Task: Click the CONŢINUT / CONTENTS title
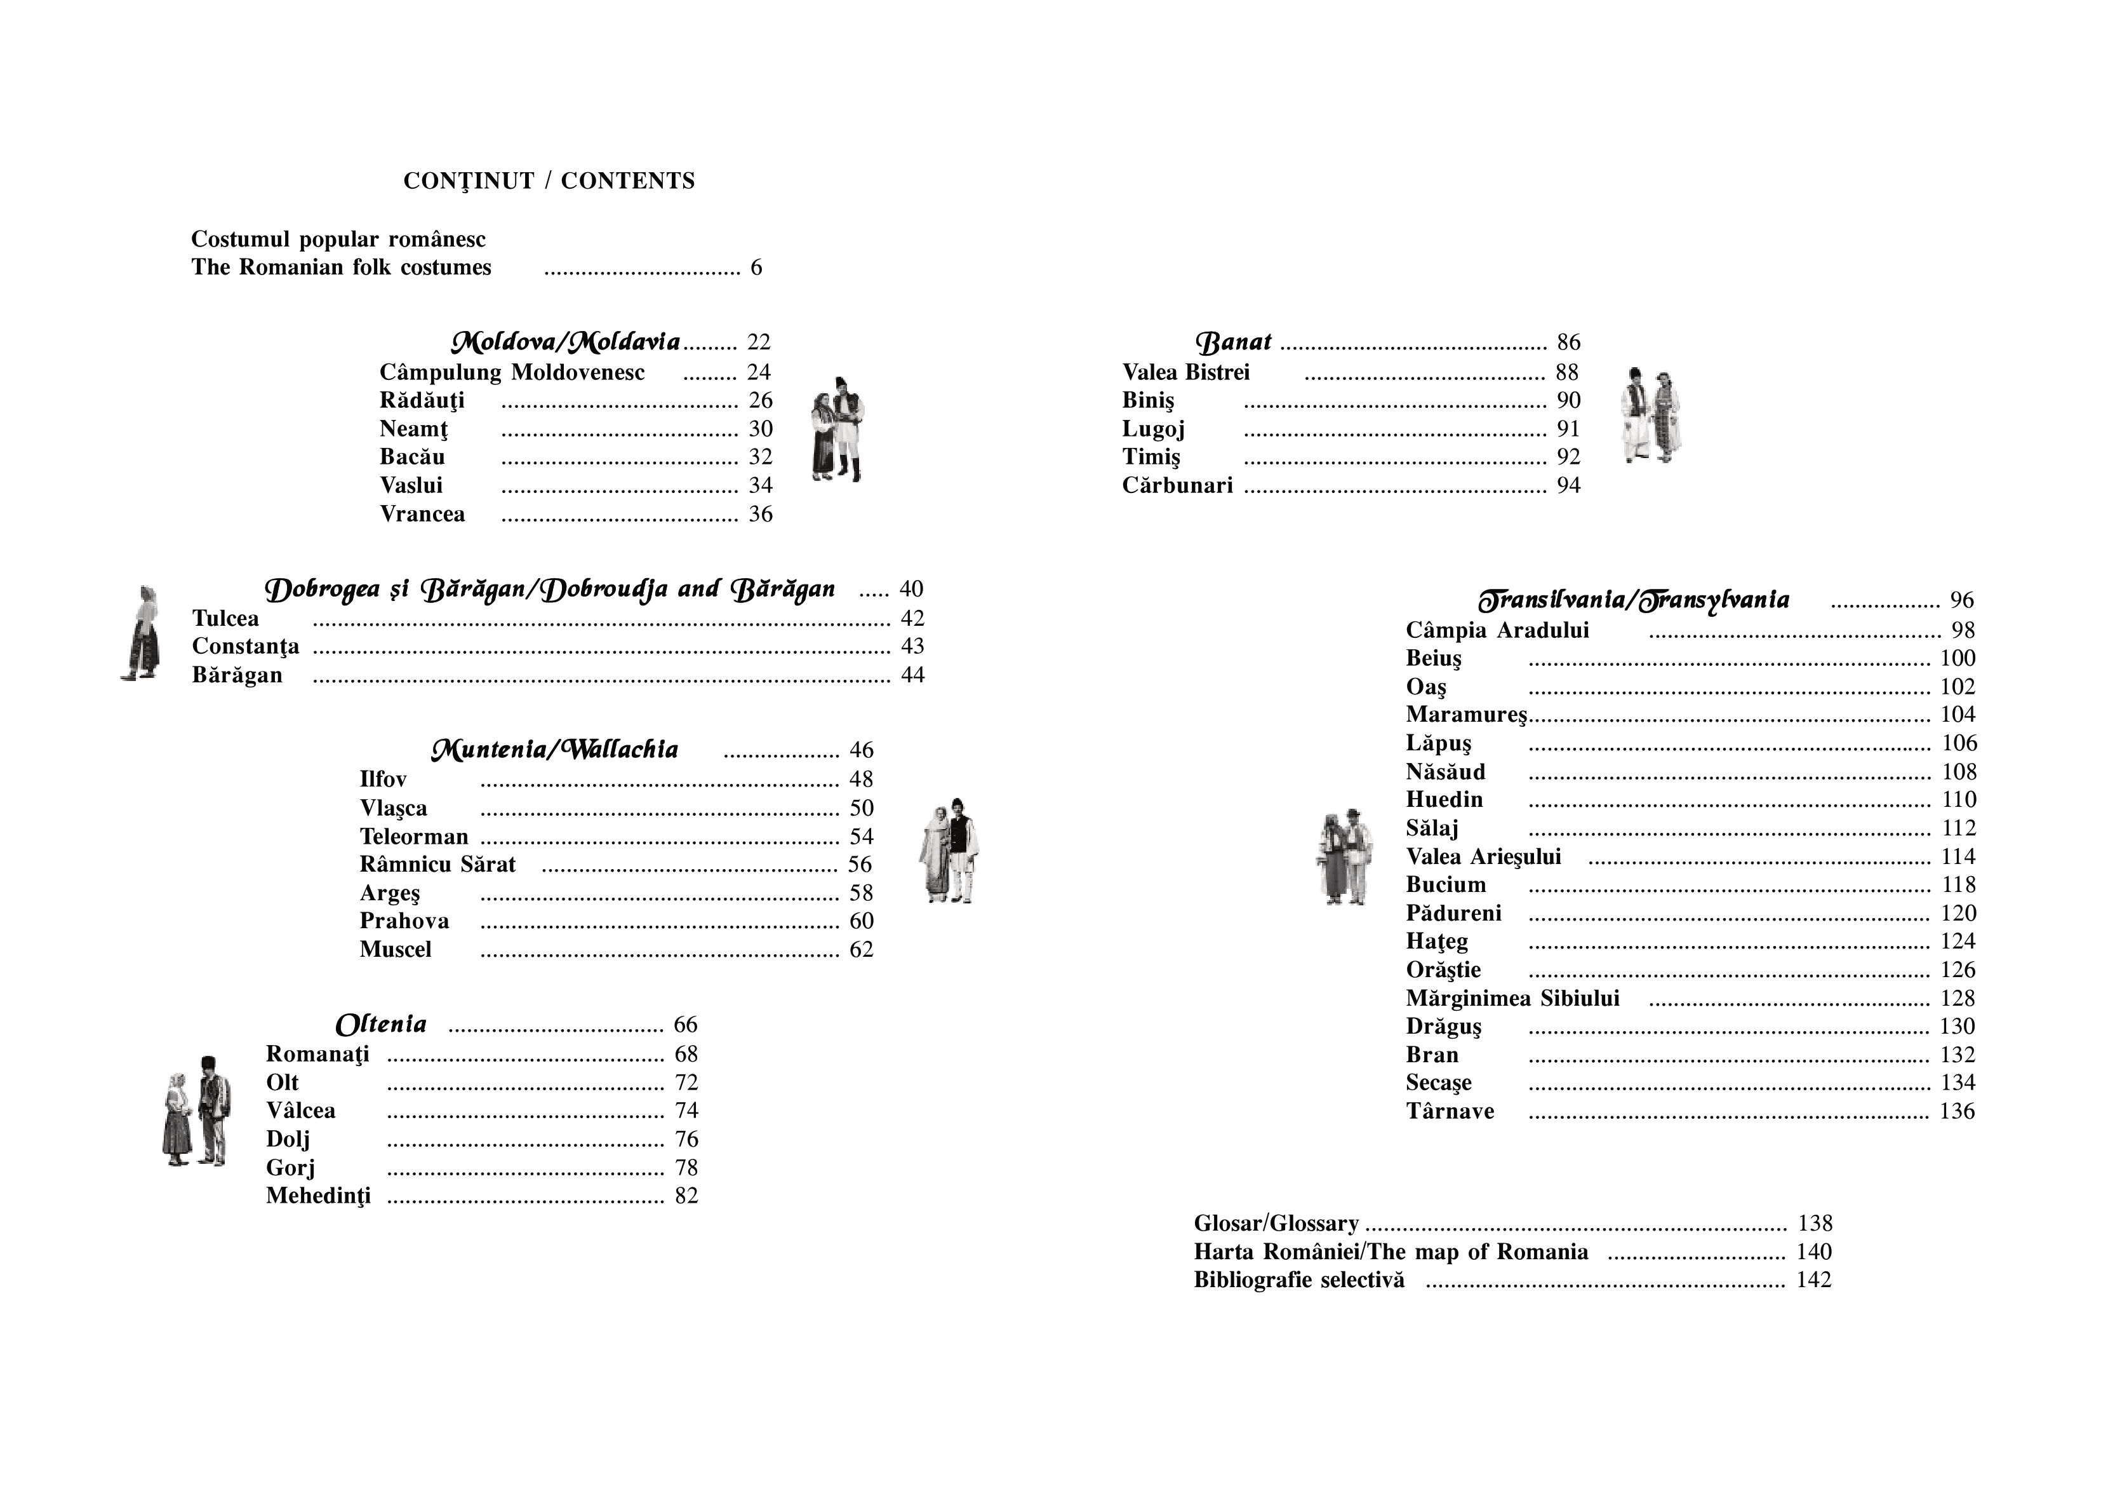(x=549, y=181)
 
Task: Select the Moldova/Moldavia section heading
(x=566, y=342)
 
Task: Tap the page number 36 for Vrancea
(x=761, y=515)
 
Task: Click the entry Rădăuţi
(x=422, y=401)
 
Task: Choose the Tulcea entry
(x=225, y=619)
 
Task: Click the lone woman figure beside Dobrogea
(x=142, y=633)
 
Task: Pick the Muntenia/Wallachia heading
(x=554, y=750)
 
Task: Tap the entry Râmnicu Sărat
(x=437, y=864)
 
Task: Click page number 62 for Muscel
(x=861, y=949)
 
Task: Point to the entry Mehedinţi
(x=319, y=1196)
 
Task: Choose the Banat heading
(x=1234, y=342)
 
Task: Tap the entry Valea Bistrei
(x=1186, y=373)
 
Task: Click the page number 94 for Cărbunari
(x=1568, y=485)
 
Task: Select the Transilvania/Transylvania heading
(x=1634, y=600)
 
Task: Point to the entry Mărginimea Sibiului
(x=1512, y=998)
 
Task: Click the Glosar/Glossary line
(x=1276, y=1224)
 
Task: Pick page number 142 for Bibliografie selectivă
(x=1813, y=1280)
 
